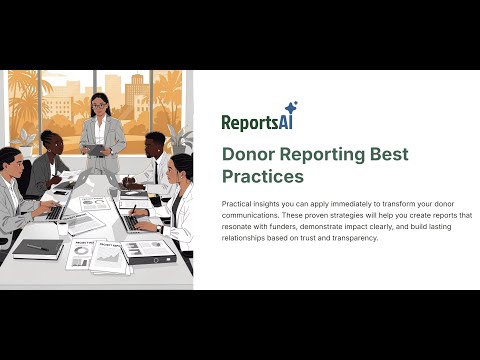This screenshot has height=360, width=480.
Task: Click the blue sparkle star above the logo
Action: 290,108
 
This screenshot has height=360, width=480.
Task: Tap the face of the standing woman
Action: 99,103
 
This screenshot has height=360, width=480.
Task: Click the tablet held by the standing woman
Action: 94,149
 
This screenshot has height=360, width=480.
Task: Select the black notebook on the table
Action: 37,248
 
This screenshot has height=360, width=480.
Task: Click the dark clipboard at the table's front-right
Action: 152,250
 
